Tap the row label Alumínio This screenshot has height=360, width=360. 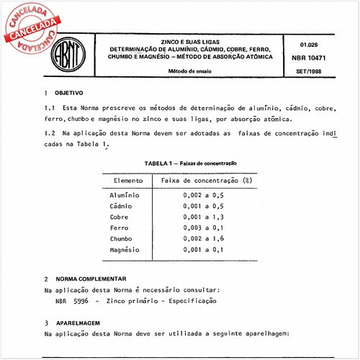(125, 195)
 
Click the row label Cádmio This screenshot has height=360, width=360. (122, 206)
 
